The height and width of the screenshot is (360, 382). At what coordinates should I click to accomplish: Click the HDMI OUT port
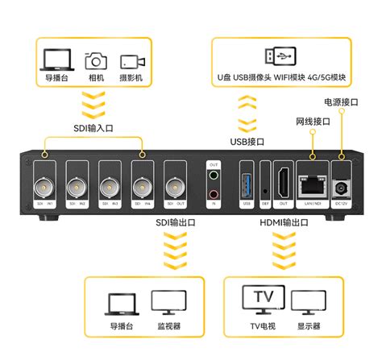[282, 182]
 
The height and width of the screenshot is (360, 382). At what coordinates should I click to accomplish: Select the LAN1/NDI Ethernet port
[311, 184]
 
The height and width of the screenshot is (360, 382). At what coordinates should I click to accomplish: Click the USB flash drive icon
[279, 56]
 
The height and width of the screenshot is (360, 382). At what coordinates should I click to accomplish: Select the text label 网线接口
[310, 121]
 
